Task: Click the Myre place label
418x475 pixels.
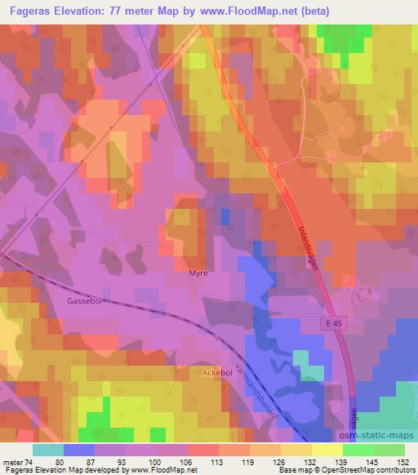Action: pyautogui.click(x=198, y=273)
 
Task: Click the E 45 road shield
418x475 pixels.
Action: pyautogui.click(x=331, y=324)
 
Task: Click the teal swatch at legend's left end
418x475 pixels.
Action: pyautogui.click(x=48, y=449)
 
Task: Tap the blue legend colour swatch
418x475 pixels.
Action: pyautogui.click(x=79, y=449)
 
